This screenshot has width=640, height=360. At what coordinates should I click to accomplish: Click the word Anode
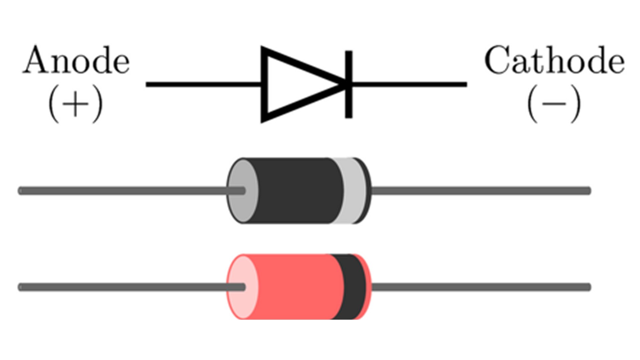pyautogui.click(x=76, y=61)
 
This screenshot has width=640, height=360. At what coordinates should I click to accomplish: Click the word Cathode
pyautogui.click(x=554, y=61)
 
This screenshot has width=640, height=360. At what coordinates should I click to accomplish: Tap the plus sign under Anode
pyautogui.click(x=76, y=104)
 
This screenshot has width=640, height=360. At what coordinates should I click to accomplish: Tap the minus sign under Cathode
pyautogui.click(x=554, y=104)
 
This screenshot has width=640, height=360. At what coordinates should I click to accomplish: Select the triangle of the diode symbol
pyautogui.click(x=293, y=84)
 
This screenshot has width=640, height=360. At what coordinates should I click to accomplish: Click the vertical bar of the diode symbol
pyautogui.click(x=348, y=84)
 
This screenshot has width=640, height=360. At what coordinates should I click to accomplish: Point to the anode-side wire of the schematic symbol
pyautogui.click(x=203, y=84)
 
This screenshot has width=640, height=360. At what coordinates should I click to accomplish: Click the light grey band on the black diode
pyautogui.click(x=354, y=191)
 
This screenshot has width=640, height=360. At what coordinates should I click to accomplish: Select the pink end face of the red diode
pyautogui.click(x=241, y=300)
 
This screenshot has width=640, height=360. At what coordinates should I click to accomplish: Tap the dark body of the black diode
pyautogui.click(x=297, y=191)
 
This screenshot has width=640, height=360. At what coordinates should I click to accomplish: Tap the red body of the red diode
pyautogui.click(x=293, y=287)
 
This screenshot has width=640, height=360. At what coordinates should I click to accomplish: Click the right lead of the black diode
pyautogui.click(x=480, y=191)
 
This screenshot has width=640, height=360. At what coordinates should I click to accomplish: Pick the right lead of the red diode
pyautogui.click(x=480, y=287)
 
